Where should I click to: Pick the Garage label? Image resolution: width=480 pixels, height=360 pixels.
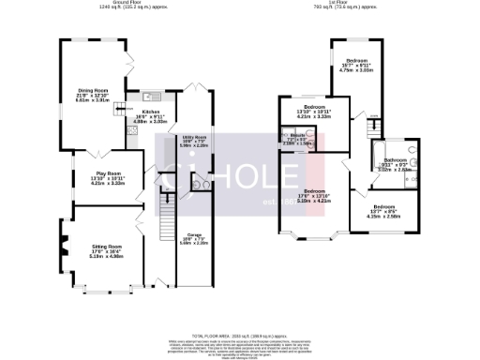tap(194, 238)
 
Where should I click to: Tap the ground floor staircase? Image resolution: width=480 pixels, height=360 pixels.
tap(168, 225)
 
